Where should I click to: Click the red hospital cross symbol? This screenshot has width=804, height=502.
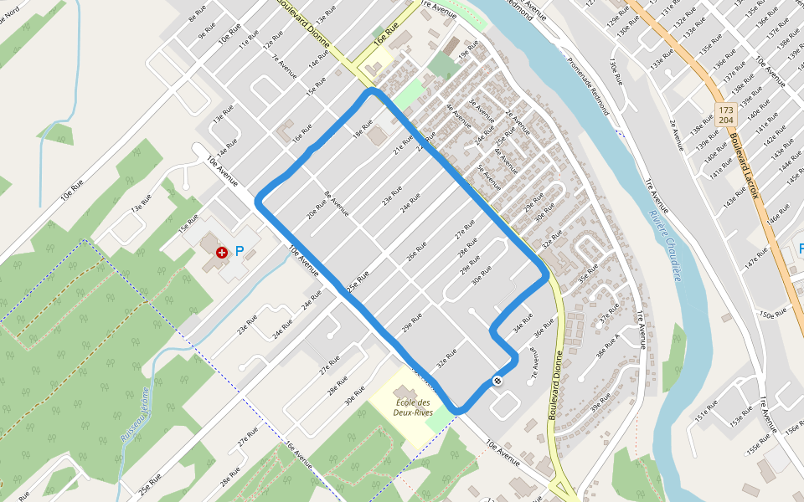[x=221, y=251]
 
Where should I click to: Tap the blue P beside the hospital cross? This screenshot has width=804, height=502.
[x=239, y=250]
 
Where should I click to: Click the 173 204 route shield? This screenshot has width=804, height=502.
[x=726, y=115]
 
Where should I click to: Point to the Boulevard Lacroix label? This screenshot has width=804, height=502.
[x=744, y=167]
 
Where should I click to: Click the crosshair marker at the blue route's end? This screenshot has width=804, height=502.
[x=497, y=382]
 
